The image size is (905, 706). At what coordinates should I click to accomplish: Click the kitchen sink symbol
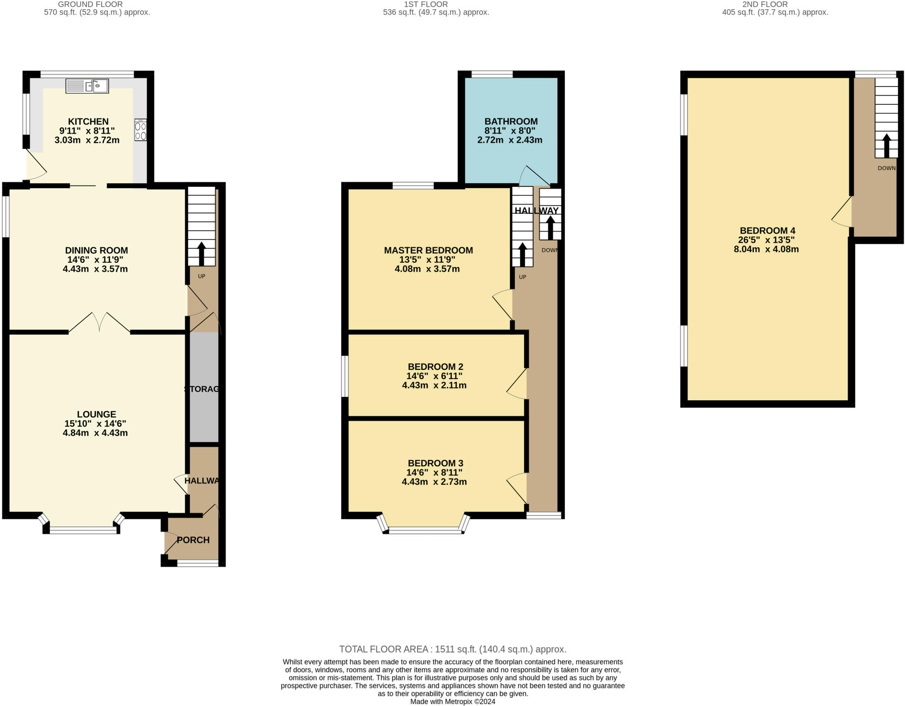click(x=87, y=86)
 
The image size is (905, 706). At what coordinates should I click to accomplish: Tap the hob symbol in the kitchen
click(x=141, y=129)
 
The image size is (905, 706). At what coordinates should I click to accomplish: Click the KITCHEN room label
click(x=88, y=121)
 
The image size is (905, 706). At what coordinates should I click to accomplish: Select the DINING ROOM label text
click(x=96, y=251)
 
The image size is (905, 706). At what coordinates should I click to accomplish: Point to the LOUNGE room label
click(x=96, y=414)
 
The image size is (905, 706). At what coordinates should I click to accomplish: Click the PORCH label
click(x=193, y=540)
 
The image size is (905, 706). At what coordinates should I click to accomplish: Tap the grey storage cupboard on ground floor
click(x=204, y=387)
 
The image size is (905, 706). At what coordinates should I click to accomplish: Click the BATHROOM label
click(x=511, y=121)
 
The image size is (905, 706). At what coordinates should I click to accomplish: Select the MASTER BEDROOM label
click(x=428, y=251)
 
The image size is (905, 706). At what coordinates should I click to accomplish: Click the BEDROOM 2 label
click(x=435, y=367)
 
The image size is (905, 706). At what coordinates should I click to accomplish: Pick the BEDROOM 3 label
click(x=435, y=463)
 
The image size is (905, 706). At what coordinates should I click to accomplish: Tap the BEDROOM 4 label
click(x=768, y=231)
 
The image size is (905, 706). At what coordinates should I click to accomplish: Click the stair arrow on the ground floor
click(x=202, y=253)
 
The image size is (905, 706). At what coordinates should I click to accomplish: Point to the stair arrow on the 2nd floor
click(x=886, y=146)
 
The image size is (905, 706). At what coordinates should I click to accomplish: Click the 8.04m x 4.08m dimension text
click(x=766, y=249)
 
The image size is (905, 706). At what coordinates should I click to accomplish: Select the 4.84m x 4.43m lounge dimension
click(x=95, y=433)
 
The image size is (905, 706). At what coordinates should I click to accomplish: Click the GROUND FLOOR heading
click(x=90, y=4)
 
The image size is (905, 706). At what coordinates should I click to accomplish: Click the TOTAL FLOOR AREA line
click(x=452, y=649)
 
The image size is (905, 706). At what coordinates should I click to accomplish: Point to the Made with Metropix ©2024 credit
click(x=452, y=702)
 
